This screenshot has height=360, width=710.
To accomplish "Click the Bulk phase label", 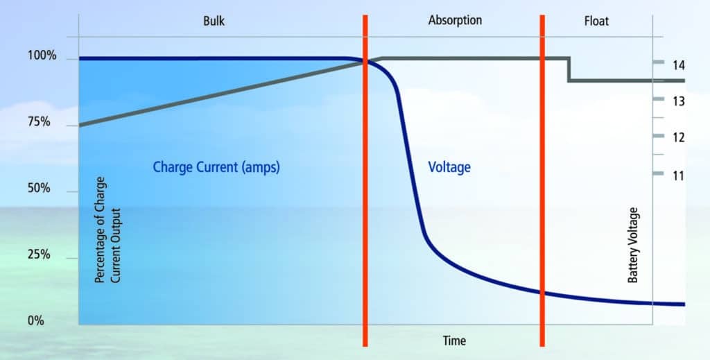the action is pyautogui.click(x=214, y=22).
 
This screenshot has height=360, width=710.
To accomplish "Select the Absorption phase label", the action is pyautogui.click(x=455, y=21).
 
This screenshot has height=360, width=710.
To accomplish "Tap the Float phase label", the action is pyautogui.click(x=596, y=21).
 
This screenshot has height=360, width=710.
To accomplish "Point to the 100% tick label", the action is pyautogui.click(x=42, y=55).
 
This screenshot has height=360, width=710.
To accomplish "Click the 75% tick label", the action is pyautogui.click(x=39, y=122).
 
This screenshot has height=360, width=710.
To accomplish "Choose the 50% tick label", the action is pyautogui.click(x=39, y=188).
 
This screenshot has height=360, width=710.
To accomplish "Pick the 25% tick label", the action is pyautogui.click(x=39, y=255).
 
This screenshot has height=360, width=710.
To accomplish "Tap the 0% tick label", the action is pyautogui.click(x=36, y=321).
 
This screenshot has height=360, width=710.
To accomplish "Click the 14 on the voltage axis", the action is pyautogui.click(x=678, y=66).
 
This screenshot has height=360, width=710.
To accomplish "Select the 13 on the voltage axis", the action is pyautogui.click(x=678, y=101).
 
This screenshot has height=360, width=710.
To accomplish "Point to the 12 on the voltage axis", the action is pyautogui.click(x=678, y=137).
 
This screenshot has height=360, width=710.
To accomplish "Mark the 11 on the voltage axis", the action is pyautogui.click(x=678, y=175).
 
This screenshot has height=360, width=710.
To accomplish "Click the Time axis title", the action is pyautogui.click(x=455, y=341).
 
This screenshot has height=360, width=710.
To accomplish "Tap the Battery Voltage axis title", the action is pyautogui.click(x=633, y=246).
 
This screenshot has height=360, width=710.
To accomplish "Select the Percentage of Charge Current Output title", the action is pyautogui.click(x=107, y=230).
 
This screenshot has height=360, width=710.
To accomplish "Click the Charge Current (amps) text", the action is pyautogui.click(x=216, y=167).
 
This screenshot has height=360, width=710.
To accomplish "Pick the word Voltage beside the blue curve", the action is pyautogui.click(x=449, y=167).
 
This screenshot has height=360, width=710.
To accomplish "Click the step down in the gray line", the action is pyautogui.click(x=569, y=69).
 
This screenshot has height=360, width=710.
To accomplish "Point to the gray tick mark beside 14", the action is pyautogui.click(x=659, y=62).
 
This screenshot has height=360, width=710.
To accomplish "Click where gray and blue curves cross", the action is pyautogui.click(x=365, y=62).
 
